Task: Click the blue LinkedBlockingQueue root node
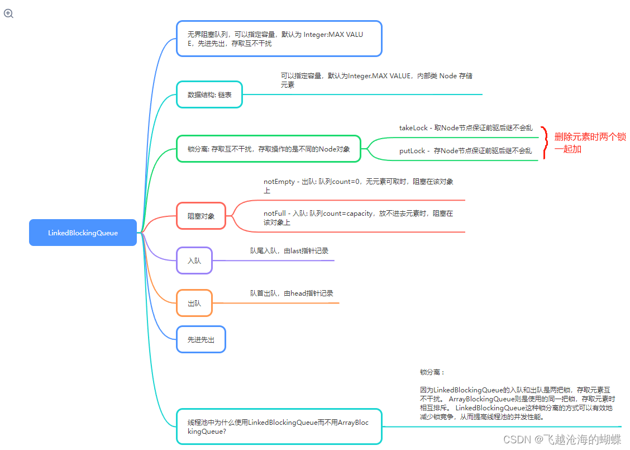pos(83,233)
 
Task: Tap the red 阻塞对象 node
pos(201,216)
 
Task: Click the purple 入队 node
pos(194,260)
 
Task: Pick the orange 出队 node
pos(194,304)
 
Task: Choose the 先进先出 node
pos(201,339)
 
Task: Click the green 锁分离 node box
pos(269,149)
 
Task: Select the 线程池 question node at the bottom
pos(279,427)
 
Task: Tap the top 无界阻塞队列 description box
pos(279,39)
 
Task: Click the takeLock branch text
pos(465,128)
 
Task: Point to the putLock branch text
pos(465,151)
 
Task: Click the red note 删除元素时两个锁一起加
pos(590,143)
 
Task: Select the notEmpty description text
pos(359,186)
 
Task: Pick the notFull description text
pos(359,217)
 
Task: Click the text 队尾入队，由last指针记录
pos(289,251)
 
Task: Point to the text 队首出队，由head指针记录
pos(292,293)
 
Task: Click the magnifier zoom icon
pos(8,13)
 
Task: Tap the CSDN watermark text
pos(562,439)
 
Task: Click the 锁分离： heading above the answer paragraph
pos(432,372)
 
